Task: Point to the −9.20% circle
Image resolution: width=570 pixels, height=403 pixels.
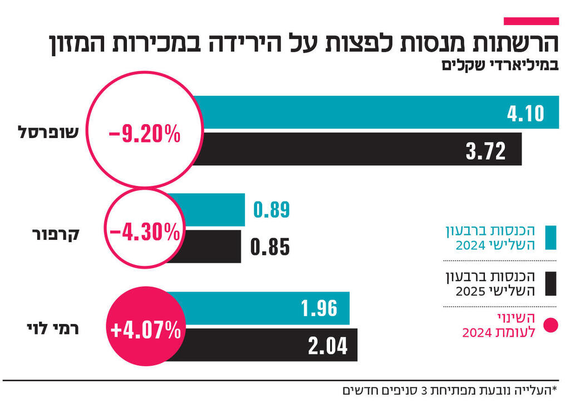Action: (x=145, y=134)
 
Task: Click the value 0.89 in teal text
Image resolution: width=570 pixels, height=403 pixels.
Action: (x=272, y=210)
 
